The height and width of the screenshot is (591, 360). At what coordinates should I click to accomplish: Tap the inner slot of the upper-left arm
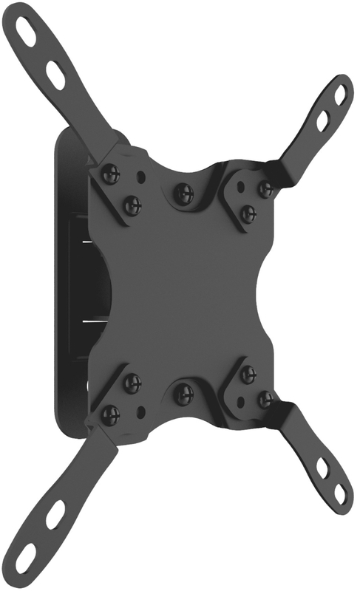[x=56, y=74]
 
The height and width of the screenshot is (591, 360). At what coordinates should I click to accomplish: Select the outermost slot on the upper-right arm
[x=339, y=95]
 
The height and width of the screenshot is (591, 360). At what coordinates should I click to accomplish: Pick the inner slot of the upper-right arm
[x=322, y=120]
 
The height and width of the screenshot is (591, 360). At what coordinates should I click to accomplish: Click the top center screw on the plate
[x=183, y=194]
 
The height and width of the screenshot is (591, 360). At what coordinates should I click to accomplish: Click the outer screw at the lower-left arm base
[x=110, y=414]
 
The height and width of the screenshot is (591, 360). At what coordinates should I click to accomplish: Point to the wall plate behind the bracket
[x=70, y=295]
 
